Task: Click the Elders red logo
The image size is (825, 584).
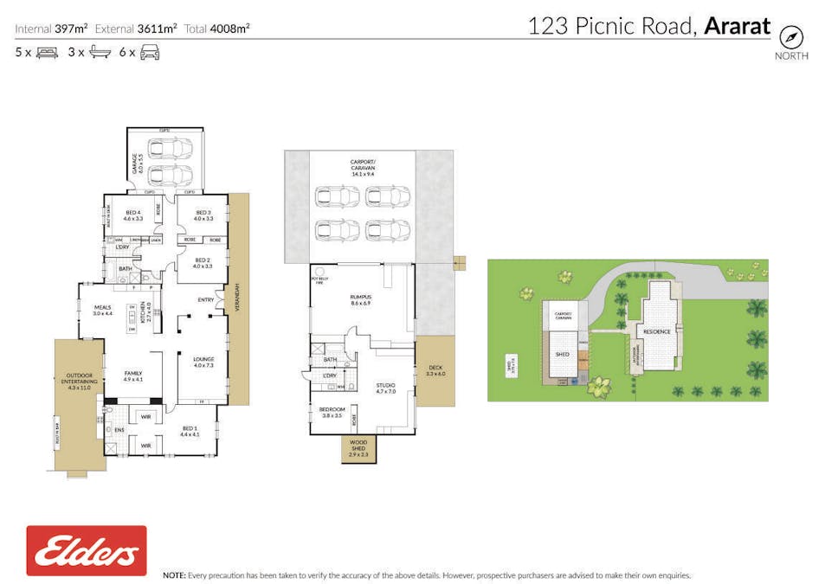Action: (x=86, y=551)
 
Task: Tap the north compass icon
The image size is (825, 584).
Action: (x=791, y=37)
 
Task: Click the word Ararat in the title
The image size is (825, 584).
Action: (x=737, y=26)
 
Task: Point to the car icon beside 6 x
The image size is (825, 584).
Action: (x=150, y=53)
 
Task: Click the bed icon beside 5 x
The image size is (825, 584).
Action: (x=46, y=53)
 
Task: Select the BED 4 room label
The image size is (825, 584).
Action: (x=132, y=215)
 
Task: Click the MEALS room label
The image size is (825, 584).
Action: (x=103, y=309)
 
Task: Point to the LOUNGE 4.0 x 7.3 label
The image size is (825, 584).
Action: (x=203, y=362)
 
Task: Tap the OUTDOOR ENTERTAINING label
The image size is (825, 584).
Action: (x=79, y=382)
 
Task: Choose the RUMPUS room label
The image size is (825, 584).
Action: (x=360, y=300)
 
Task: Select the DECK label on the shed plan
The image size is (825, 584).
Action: (x=435, y=370)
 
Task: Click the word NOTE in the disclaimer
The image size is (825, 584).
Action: (x=174, y=575)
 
